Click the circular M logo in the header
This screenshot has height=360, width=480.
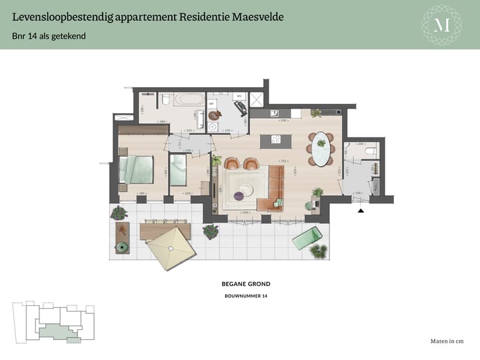point(442,25)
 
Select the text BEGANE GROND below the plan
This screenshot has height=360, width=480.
point(246,284)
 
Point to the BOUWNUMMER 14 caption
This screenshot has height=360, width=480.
point(246,295)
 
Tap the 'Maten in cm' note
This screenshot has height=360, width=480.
point(447,341)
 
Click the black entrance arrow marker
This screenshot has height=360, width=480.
point(361,211)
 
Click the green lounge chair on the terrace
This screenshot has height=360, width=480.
point(307,237)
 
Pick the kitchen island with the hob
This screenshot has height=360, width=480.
point(275,141)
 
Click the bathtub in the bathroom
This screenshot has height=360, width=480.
point(189,101)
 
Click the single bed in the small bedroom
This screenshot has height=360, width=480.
point(178,171)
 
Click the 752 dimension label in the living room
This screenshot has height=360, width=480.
point(283,161)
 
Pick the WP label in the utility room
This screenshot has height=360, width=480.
point(211,104)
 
